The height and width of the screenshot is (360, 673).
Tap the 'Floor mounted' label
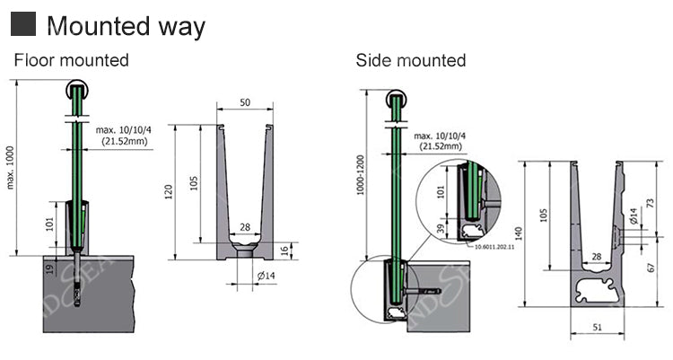pos(71,60)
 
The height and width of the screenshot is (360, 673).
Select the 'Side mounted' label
pos(410,60)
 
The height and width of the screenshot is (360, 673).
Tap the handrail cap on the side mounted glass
pos(396,100)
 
